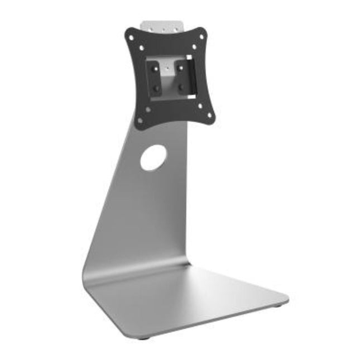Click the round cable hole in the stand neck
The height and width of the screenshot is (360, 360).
click(x=153, y=158)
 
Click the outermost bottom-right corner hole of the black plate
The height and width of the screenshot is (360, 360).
click(x=209, y=115)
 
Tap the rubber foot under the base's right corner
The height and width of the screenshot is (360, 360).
click(x=279, y=305)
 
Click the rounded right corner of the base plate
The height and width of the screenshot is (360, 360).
click(x=285, y=298)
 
